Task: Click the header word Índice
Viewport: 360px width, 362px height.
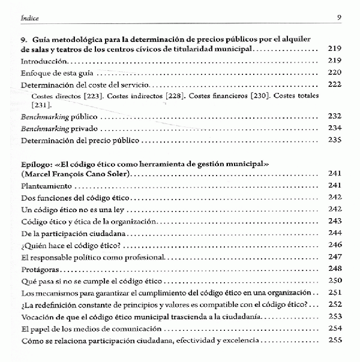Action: click(29, 17)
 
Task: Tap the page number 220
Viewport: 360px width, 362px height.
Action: click(335, 73)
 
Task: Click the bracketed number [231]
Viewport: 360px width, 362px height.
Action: click(38, 105)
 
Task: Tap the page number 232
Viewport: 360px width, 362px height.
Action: click(335, 117)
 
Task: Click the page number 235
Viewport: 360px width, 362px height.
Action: click(335, 140)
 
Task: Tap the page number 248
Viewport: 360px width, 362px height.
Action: click(335, 268)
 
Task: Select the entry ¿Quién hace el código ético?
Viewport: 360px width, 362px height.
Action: click(66, 245)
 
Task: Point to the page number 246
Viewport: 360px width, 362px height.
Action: click(335, 245)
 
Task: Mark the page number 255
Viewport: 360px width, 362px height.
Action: click(335, 340)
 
